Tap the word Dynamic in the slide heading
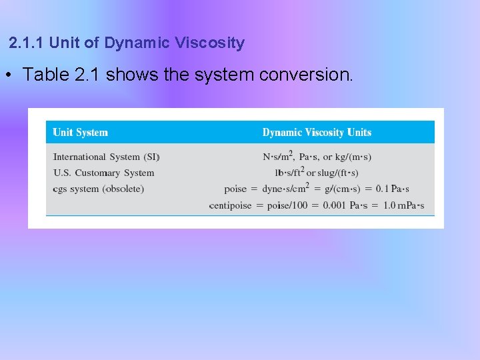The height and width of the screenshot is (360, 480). pyautogui.click(x=137, y=43)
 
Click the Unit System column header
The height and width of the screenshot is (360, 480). pyautogui.click(x=80, y=132)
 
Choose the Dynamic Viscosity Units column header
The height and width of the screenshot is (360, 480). pyautogui.click(x=317, y=132)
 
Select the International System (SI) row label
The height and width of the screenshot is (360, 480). pyautogui.click(x=106, y=157)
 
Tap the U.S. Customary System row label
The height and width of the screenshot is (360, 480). pyautogui.click(x=103, y=173)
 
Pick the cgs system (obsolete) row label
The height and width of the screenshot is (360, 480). pyautogui.click(x=98, y=189)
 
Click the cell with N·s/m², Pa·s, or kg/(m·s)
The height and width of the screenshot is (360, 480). pyautogui.click(x=317, y=157)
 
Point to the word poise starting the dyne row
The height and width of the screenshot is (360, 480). pyautogui.click(x=235, y=189)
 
